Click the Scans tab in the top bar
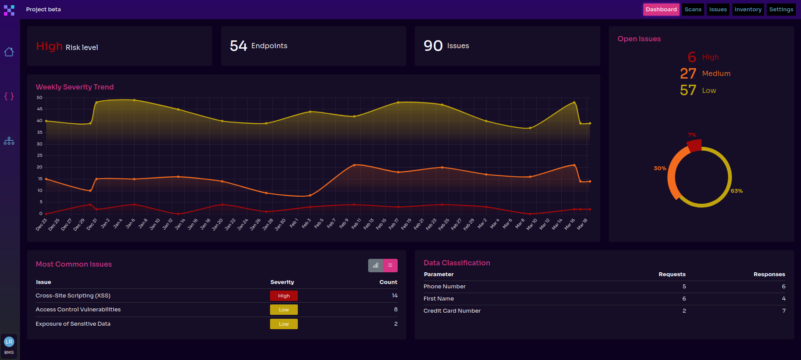(x=693, y=10)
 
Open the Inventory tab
(x=748, y=10)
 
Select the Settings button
(x=781, y=10)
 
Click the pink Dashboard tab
(x=661, y=10)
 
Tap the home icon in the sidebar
(x=9, y=52)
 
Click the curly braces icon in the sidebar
(x=9, y=96)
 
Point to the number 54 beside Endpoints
(x=238, y=46)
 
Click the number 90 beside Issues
(x=433, y=46)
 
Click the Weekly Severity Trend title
(x=75, y=87)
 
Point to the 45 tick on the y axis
(x=40, y=109)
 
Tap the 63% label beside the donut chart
(x=736, y=191)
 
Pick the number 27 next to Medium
(x=688, y=74)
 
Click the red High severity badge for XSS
(x=283, y=296)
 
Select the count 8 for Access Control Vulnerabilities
(x=396, y=310)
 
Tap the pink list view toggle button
(x=390, y=265)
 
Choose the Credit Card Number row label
(x=452, y=311)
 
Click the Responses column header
(x=769, y=274)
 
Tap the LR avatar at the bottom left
(x=9, y=342)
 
